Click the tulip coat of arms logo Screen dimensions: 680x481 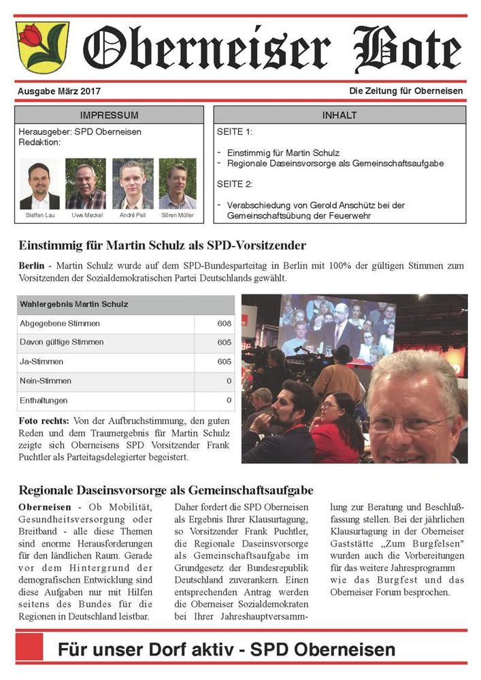(42, 47)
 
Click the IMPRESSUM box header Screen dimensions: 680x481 (109, 115)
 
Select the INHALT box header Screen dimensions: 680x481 (339, 115)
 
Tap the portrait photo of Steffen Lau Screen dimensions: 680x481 (39, 184)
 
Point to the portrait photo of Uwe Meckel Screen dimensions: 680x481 (85, 184)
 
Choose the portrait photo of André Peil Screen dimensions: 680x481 (133, 184)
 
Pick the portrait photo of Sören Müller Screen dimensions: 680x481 (178, 184)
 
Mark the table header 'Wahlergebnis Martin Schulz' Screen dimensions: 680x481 (73, 304)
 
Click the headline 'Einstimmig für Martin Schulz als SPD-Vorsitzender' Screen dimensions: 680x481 (163, 245)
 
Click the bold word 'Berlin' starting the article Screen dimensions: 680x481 (33, 266)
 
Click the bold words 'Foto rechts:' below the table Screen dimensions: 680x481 (43, 422)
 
